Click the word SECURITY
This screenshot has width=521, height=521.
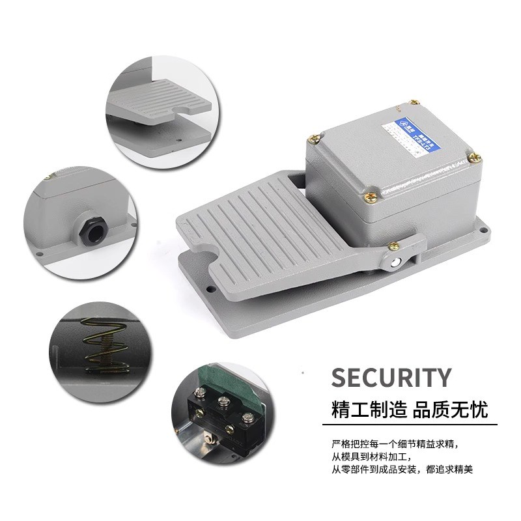point(391,378)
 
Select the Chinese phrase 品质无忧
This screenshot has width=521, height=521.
point(450,410)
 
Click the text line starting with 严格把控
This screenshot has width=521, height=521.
point(397,444)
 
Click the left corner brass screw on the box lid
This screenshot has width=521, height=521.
point(315,137)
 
